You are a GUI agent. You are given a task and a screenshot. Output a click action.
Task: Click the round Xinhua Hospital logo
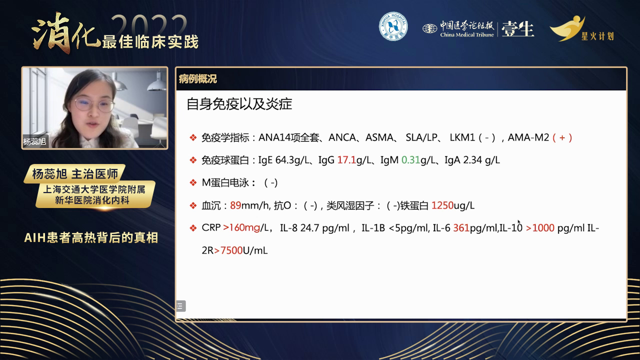(x=393, y=26)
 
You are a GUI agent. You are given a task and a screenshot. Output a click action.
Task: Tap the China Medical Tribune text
(x=467, y=35)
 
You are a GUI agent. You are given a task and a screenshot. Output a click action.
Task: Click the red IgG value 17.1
(x=346, y=160)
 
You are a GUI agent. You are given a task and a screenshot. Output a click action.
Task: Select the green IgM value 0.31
(x=410, y=160)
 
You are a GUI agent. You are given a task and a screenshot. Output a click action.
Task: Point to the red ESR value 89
(x=235, y=205)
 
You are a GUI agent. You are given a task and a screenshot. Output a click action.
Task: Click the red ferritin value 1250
(x=442, y=205)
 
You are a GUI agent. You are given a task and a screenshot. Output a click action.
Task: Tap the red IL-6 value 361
(x=461, y=228)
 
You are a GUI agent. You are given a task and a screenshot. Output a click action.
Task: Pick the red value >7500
(x=228, y=250)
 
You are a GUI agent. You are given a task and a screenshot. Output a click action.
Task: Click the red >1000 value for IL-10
(x=540, y=228)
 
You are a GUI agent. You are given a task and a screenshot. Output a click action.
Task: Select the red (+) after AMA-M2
(x=562, y=137)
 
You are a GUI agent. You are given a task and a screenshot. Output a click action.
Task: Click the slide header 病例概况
(x=197, y=79)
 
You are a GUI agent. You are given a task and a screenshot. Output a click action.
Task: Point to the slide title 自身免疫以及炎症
(x=239, y=104)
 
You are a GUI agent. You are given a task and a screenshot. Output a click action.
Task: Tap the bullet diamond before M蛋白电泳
(x=193, y=182)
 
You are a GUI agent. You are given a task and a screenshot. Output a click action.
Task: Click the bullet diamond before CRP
(x=193, y=228)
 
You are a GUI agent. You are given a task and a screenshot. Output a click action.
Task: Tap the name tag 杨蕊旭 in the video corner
(x=34, y=141)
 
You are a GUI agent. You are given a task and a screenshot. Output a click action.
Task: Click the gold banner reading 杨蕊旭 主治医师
(x=75, y=173)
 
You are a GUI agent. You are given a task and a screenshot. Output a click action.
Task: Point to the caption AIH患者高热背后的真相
(x=91, y=237)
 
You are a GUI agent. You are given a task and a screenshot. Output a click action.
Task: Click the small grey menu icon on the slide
(x=180, y=306)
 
